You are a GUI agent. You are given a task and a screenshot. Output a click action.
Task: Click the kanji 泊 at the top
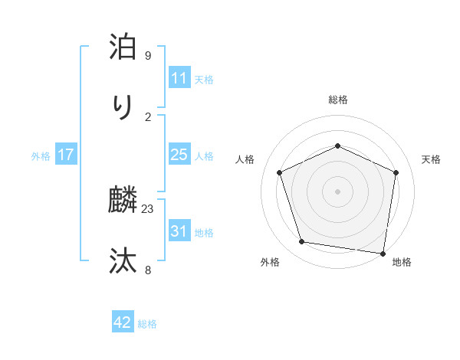coord(123,47)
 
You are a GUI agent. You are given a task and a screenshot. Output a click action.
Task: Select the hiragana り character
coord(123,106)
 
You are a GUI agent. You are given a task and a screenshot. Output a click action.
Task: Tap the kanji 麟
coord(123,201)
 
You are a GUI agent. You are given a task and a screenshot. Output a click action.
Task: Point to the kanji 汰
coord(123,260)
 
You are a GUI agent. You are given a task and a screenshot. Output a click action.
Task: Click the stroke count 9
coord(148,57)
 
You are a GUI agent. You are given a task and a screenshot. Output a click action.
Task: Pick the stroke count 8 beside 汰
coord(148,269)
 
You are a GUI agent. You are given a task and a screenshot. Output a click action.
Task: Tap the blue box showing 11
coord(179,78)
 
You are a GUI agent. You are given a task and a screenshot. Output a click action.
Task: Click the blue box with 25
coord(179,155)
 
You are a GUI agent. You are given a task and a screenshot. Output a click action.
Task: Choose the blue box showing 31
coord(179,231)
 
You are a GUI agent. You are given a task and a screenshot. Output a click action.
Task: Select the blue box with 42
coord(123,322)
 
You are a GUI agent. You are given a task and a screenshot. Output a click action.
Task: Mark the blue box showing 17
coord(66,155)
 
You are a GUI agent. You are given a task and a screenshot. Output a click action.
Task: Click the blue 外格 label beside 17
coord(41,155)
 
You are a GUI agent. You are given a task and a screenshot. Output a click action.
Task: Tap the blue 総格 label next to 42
coord(147,323)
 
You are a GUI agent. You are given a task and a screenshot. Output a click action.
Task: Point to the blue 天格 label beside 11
coord(204,79)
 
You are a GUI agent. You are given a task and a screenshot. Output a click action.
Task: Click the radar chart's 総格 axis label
coord(338,100)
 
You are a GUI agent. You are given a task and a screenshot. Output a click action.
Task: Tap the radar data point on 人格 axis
coord(280,172)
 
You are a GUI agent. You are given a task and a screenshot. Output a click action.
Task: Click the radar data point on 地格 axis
coord(383,253)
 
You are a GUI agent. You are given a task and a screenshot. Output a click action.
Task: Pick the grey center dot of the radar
coord(337,191)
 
